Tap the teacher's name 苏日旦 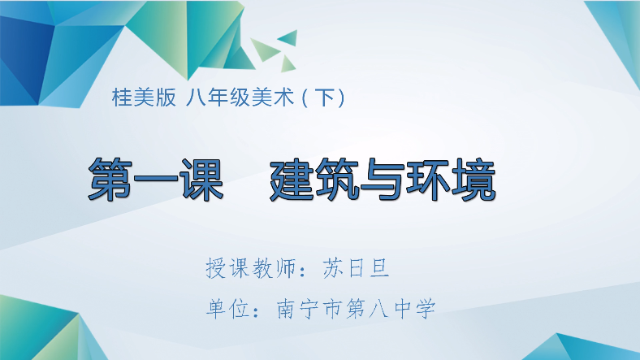pos(360,267)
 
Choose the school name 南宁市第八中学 pos(356,309)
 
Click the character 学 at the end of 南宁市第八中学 pos(426,309)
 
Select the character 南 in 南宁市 pos(287,309)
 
